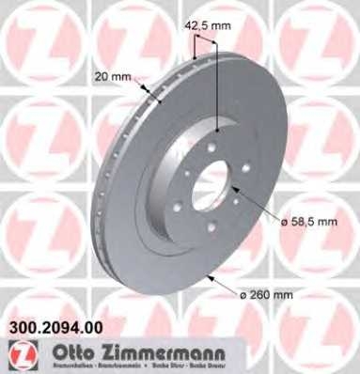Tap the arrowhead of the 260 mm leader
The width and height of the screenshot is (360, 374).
tap(206, 275)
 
